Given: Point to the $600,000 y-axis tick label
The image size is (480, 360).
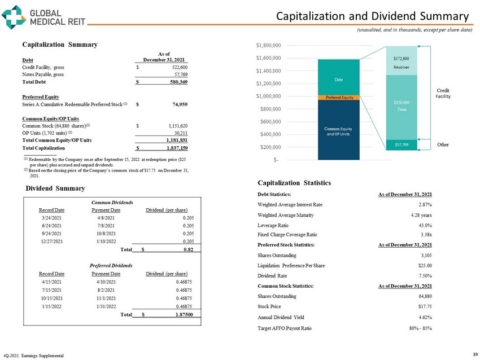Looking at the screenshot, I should click(x=270, y=121).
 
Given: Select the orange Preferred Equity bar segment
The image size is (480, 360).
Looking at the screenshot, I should click(x=339, y=98).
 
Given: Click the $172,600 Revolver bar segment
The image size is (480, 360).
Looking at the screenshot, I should click(x=401, y=62).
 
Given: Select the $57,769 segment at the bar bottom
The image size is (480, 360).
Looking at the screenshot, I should click(x=401, y=146).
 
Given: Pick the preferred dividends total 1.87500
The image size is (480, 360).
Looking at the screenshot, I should click(x=186, y=314).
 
